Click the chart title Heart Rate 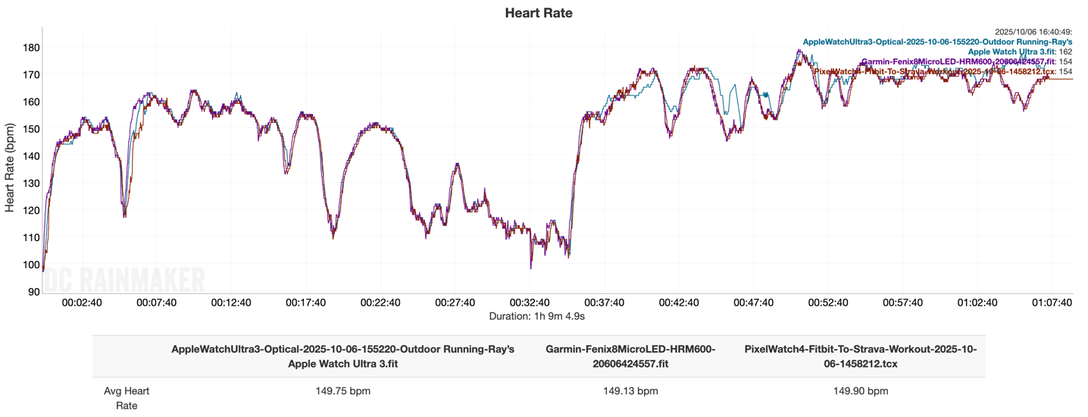(x=539, y=13)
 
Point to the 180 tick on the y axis (x=30, y=47)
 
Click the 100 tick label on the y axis (x=30, y=265)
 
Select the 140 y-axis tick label (x=30, y=155)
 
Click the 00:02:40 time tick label (x=82, y=303)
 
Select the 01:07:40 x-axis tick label (x=1051, y=303)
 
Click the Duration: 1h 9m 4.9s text (x=539, y=315)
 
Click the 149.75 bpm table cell (x=342, y=391)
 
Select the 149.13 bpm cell (x=630, y=391)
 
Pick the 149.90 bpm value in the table (x=861, y=391)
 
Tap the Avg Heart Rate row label (x=127, y=398)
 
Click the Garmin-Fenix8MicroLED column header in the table (x=630, y=356)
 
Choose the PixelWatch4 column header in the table (x=861, y=356)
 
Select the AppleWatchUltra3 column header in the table (x=342, y=356)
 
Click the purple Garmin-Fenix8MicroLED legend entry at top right (x=957, y=61)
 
